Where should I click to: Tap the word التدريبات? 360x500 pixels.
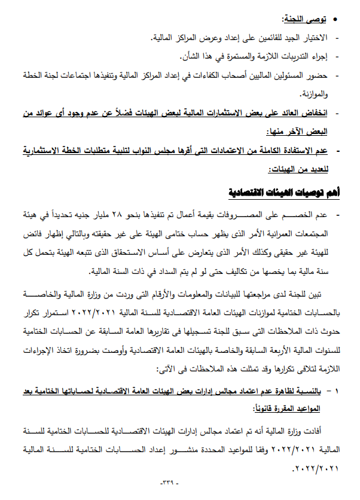(x=292, y=57)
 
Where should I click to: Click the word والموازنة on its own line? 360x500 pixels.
(x=312, y=94)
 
